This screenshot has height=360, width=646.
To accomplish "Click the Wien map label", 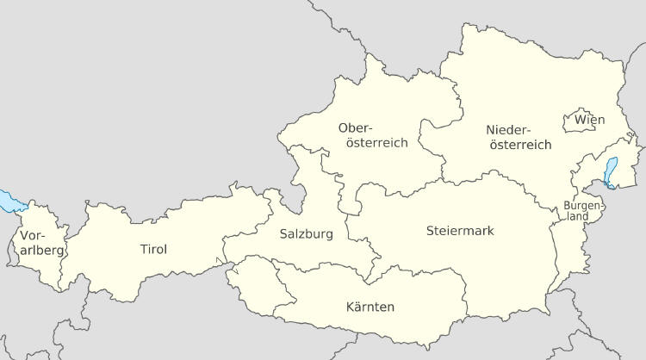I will click(x=590, y=119).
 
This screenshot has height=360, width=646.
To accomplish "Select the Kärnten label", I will click(x=370, y=307).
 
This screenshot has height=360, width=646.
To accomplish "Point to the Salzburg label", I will click(x=306, y=233).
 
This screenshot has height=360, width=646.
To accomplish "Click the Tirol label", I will click(x=153, y=250).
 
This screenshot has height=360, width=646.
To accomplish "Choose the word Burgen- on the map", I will click(x=579, y=206).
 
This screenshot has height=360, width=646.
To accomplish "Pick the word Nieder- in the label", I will click(x=509, y=129).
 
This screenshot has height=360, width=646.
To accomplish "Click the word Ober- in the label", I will click(x=356, y=127).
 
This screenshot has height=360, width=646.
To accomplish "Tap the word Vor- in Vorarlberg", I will click(x=33, y=235).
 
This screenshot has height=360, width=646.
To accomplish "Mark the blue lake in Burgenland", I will click(x=612, y=171).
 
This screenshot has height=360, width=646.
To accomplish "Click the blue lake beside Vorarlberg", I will click(x=11, y=201).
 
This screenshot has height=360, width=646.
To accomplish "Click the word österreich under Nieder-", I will click(x=520, y=145).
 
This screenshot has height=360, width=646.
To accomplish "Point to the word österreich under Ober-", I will click(x=376, y=143).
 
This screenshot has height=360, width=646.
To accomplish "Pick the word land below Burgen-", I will click(x=579, y=217).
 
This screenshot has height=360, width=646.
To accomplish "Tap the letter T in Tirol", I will click(x=143, y=250).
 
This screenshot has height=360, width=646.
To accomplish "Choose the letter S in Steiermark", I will click(x=431, y=231).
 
